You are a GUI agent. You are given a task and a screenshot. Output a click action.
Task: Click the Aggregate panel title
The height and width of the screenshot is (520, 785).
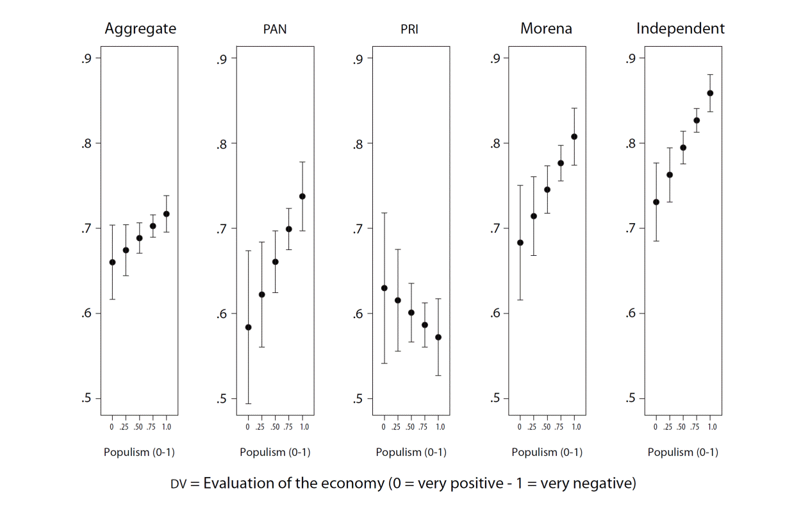click(x=140, y=29)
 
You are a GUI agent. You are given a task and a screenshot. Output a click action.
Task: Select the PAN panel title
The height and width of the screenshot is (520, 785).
click(x=275, y=29)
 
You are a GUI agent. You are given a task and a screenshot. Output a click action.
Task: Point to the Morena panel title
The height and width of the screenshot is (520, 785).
click(x=546, y=29)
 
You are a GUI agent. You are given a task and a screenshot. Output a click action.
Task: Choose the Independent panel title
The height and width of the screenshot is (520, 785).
click(x=681, y=29)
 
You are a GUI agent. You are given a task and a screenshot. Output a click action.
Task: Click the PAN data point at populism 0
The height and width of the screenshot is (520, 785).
click(x=248, y=327)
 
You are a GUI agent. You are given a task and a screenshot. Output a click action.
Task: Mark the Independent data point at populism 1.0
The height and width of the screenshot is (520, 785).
click(x=710, y=93)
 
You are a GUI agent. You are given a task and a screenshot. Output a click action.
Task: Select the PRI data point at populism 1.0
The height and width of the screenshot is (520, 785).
click(x=438, y=337)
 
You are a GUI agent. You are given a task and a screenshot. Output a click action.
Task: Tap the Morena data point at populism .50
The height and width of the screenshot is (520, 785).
click(x=547, y=190)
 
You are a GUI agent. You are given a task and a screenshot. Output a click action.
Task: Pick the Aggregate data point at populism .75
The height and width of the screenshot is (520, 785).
click(x=153, y=226)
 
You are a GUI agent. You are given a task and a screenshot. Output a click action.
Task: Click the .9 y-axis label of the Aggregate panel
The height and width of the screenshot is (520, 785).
click(x=87, y=59)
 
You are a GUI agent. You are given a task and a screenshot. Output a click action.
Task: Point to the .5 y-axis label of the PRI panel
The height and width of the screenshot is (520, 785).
click(x=358, y=399)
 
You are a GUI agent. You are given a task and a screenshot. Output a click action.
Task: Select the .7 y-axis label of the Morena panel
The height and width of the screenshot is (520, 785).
click(x=494, y=228)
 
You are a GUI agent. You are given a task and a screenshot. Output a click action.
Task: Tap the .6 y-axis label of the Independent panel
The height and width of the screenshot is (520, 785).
click(x=630, y=314)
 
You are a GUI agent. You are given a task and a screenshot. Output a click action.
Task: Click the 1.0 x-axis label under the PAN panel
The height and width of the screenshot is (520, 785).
click(x=303, y=426)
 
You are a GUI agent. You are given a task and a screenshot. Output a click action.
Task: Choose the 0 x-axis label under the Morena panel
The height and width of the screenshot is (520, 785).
click(x=520, y=426)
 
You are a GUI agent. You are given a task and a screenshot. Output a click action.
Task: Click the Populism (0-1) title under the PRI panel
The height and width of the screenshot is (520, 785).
click(x=411, y=452)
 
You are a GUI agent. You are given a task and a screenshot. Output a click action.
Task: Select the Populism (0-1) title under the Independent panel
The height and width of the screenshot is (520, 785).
click(x=682, y=452)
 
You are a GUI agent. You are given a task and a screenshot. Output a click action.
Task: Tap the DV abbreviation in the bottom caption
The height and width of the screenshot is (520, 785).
click(x=178, y=483)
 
